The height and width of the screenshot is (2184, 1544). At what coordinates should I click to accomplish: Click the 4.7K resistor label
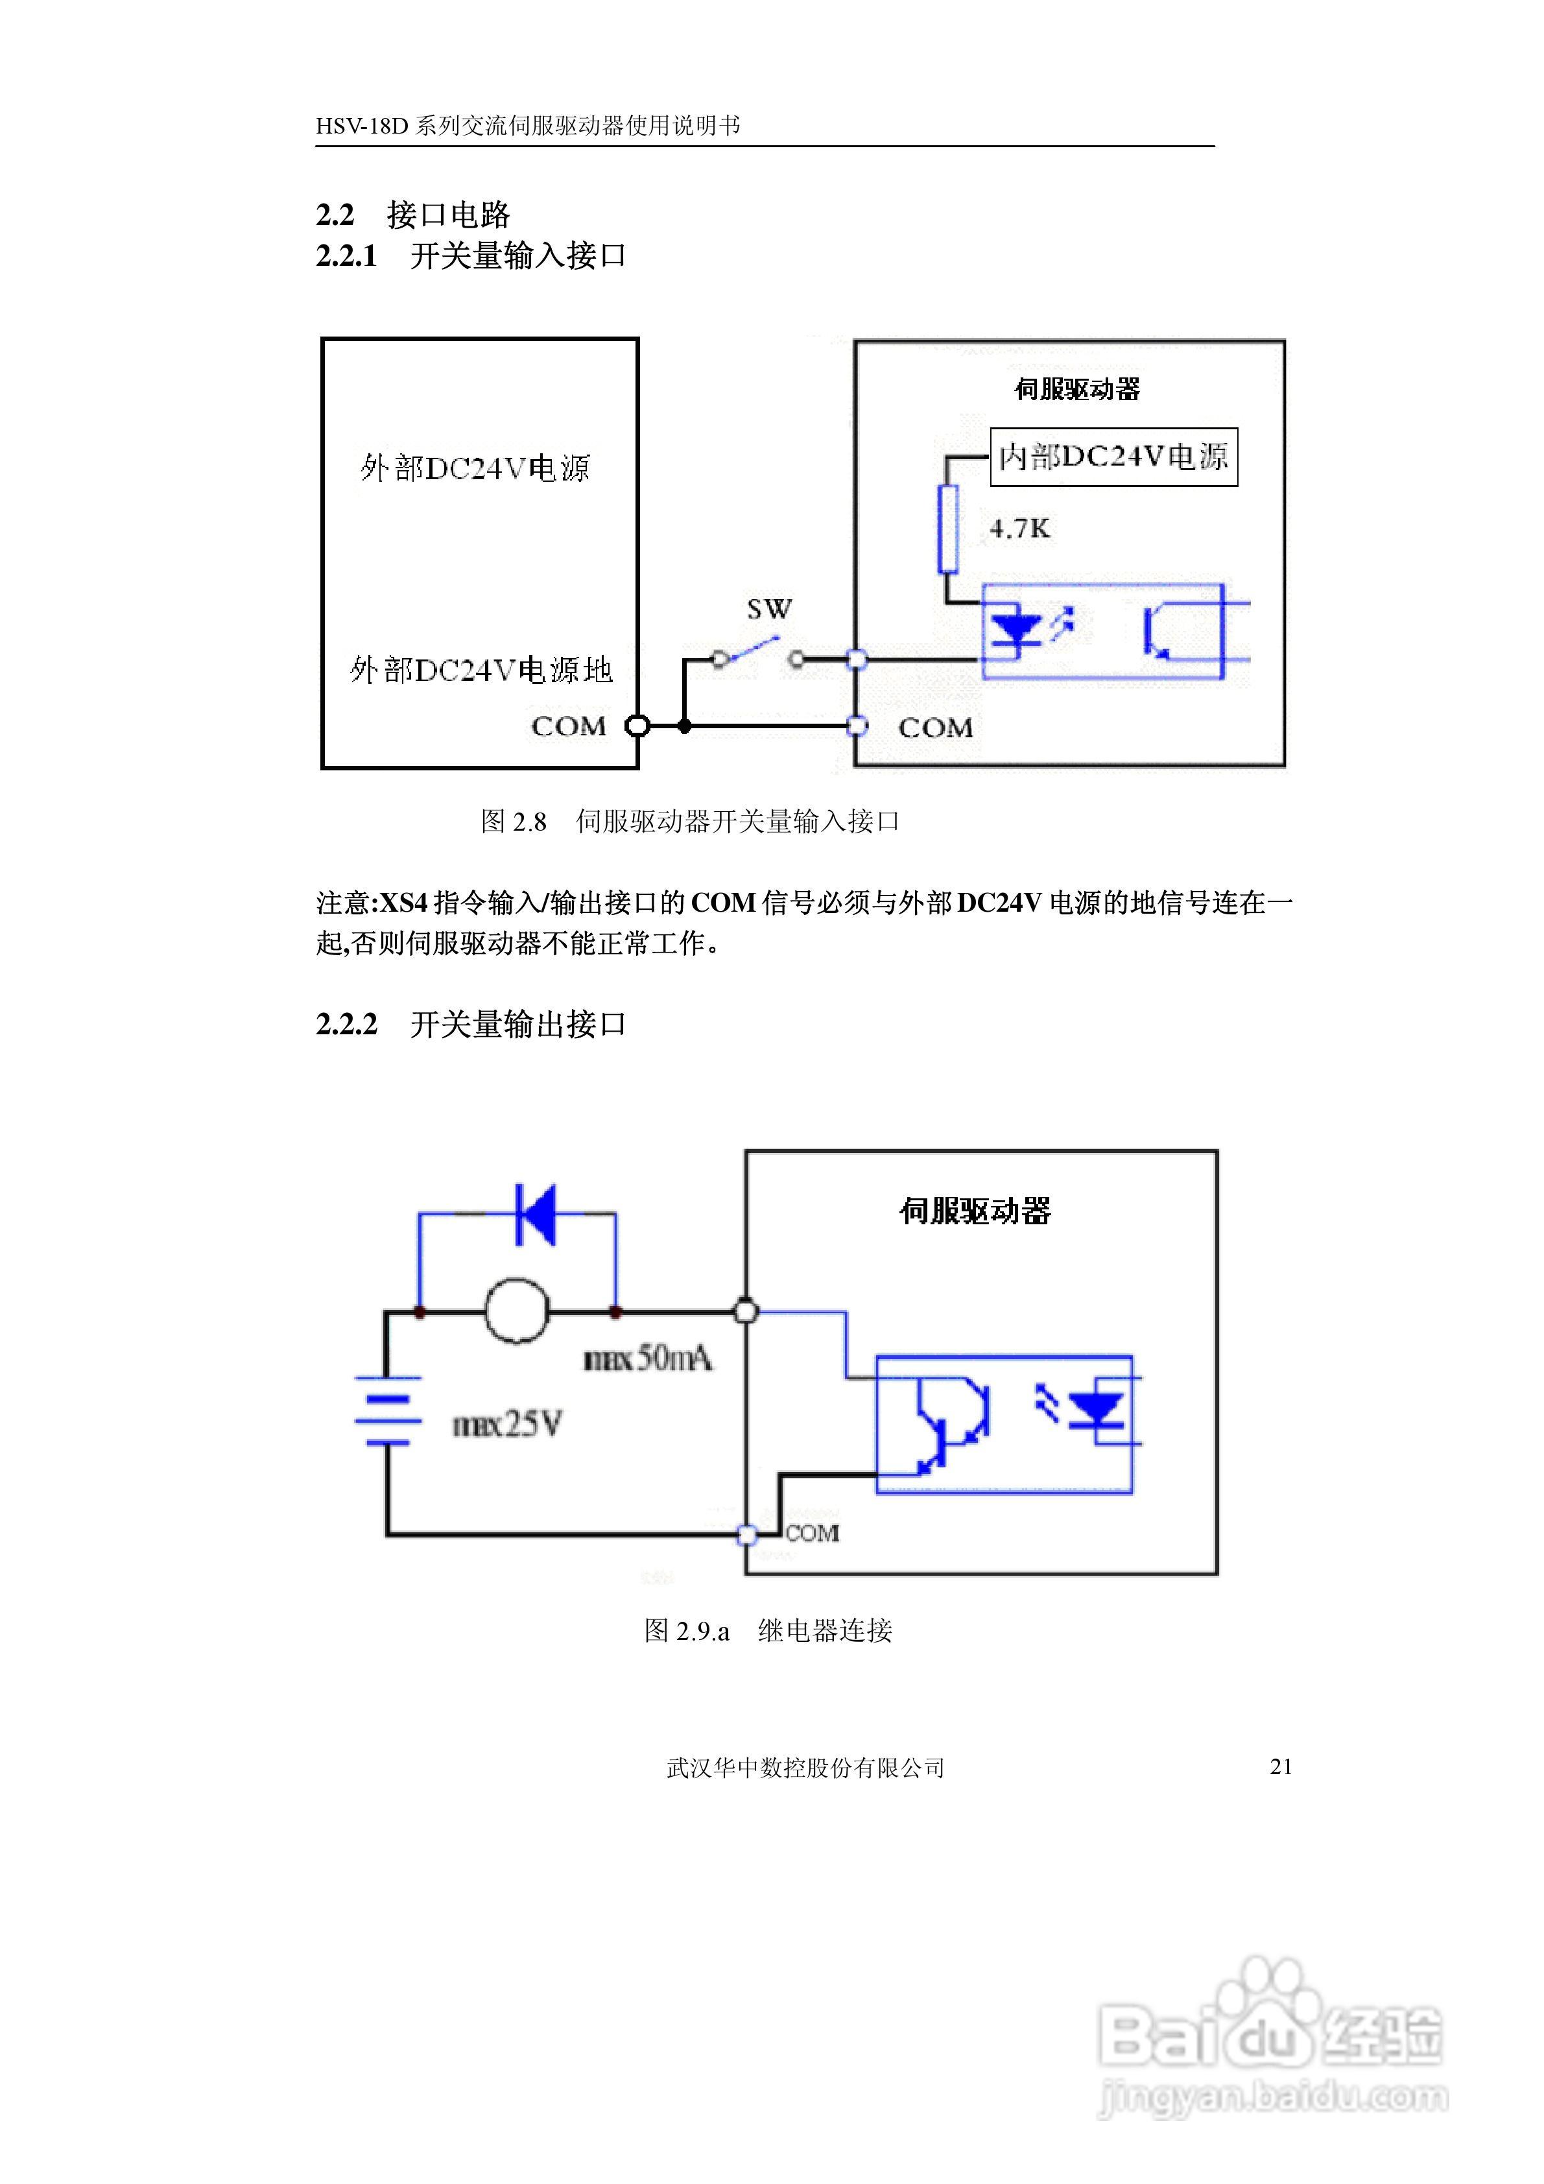pyautogui.click(x=1019, y=529)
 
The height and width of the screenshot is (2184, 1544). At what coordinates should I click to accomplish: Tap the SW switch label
pyautogui.click(x=768, y=609)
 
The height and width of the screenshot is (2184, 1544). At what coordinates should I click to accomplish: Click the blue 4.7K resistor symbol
pyautogui.click(x=947, y=529)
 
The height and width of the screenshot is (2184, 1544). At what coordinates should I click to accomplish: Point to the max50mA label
pyautogui.click(x=648, y=1359)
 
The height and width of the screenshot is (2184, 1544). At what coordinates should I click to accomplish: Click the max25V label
pyautogui.click(x=507, y=1424)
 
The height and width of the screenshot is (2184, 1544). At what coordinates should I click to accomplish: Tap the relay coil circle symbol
pyautogui.click(x=517, y=1312)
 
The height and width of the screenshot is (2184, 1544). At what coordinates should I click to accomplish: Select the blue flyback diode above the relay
pyautogui.click(x=536, y=1214)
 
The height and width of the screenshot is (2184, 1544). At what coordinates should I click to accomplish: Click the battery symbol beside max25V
pyautogui.click(x=387, y=1410)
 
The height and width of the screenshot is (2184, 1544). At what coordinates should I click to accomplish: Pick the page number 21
pyautogui.click(x=1281, y=1766)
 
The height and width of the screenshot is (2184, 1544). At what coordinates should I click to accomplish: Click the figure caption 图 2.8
pyautogui.click(x=514, y=821)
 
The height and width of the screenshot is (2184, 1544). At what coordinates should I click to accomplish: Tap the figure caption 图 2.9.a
pyautogui.click(x=686, y=1630)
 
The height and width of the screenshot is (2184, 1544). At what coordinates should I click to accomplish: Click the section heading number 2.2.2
pyautogui.click(x=346, y=1025)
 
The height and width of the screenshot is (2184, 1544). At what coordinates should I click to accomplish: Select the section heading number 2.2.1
pyautogui.click(x=346, y=256)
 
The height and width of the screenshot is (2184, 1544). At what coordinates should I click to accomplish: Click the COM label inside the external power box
pyautogui.click(x=568, y=727)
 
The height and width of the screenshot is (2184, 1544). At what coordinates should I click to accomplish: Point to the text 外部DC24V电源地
pyautogui.click(x=481, y=671)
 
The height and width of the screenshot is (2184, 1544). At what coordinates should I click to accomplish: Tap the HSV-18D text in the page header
pyautogui.click(x=361, y=126)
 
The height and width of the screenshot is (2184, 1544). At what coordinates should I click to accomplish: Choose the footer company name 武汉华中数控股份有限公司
pyautogui.click(x=805, y=1767)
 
